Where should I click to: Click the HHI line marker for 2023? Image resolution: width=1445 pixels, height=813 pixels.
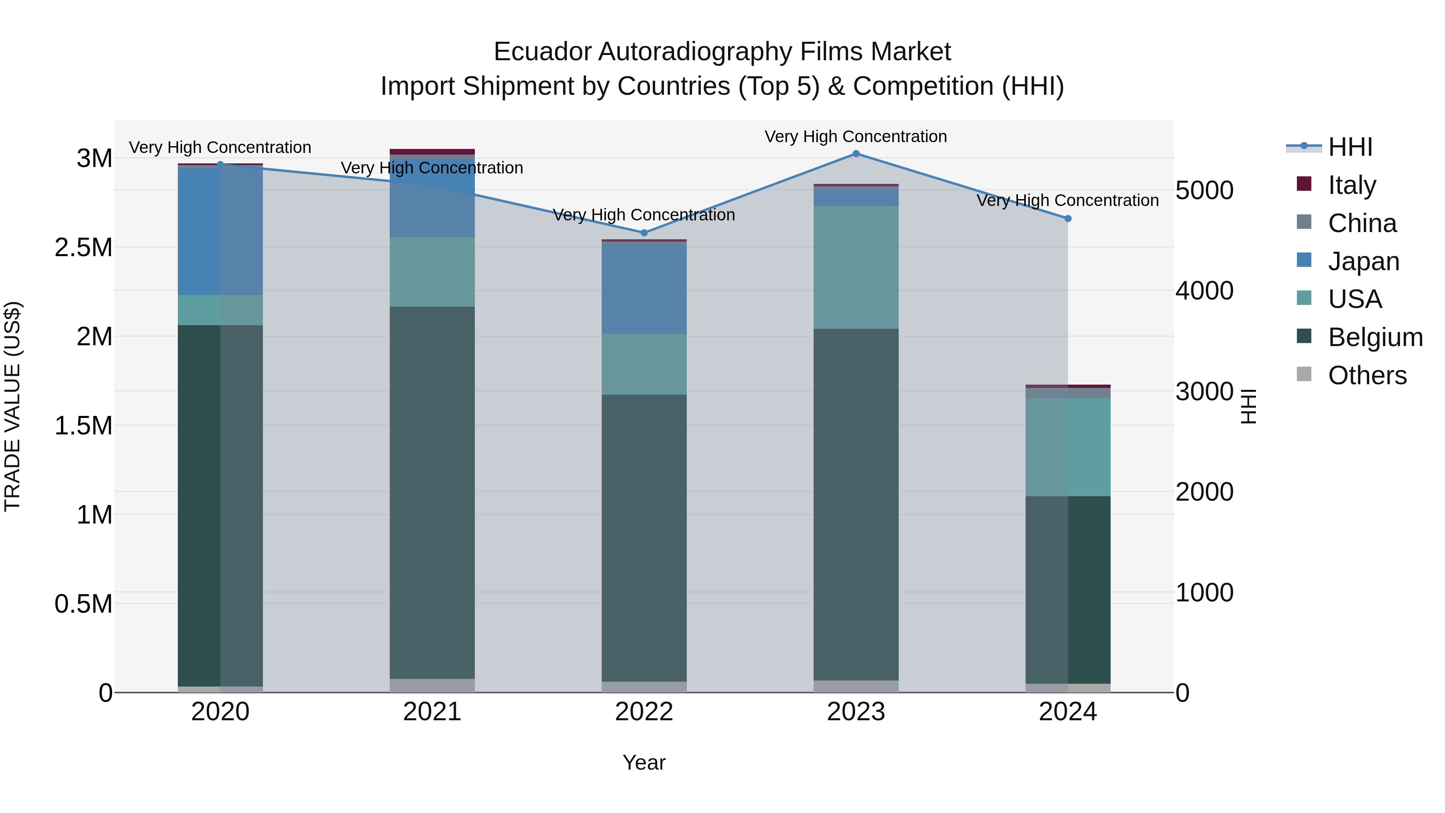[856, 153]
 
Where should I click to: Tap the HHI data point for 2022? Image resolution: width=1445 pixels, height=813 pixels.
[644, 232]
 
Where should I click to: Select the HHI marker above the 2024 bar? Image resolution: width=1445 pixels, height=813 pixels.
[1068, 218]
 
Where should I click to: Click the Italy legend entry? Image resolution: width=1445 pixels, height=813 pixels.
[1351, 185]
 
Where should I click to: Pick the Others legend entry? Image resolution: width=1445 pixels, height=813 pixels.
[1367, 375]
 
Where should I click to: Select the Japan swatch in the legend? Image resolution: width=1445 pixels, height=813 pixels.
[1305, 260]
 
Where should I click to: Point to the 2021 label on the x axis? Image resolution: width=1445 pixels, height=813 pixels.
[432, 712]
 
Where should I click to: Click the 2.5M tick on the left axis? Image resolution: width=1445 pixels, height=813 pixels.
[83, 247]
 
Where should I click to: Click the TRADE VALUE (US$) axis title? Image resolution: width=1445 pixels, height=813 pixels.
[12, 406]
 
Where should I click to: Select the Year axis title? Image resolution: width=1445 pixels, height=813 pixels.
[644, 762]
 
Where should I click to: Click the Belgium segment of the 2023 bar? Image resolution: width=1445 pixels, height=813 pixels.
[856, 505]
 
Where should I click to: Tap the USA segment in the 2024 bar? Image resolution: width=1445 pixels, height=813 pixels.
[1068, 447]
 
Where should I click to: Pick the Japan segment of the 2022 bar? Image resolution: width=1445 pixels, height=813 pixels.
[644, 289]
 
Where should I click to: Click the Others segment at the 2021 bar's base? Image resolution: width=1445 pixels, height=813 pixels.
[432, 686]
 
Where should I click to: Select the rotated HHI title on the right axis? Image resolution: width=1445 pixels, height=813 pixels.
[1249, 406]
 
